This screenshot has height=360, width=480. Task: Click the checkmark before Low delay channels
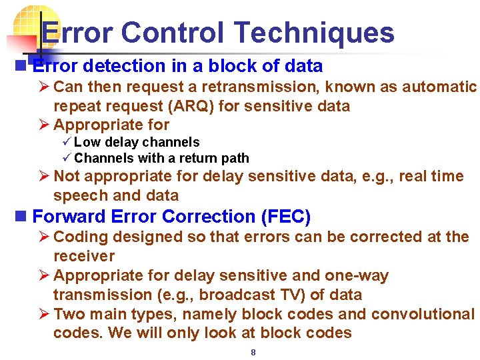click(x=66, y=142)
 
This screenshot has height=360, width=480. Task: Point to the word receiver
click(x=84, y=256)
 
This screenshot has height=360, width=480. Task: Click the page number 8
click(x=253, y=352)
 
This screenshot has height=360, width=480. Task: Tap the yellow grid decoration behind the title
click(x=33, y=23)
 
